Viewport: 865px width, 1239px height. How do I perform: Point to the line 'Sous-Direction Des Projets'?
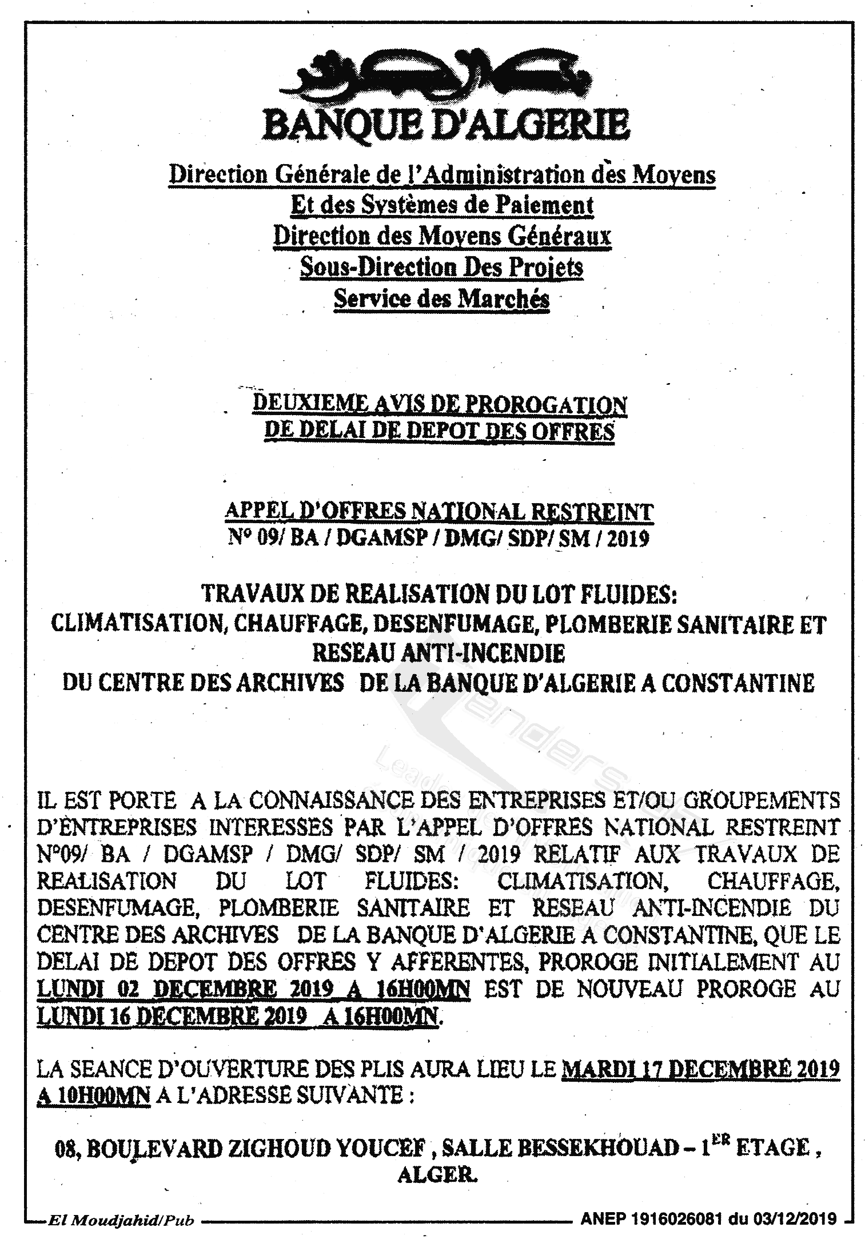pyautogui.click(x=441, y=267)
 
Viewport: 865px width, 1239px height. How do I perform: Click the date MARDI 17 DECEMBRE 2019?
pyautogui.click(x=701, y=1068)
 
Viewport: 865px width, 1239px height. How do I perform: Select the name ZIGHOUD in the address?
pyautogui.click(x=286, y=1147)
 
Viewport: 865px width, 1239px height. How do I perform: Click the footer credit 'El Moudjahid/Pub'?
pyautogui.click(x=121, y=1218)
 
